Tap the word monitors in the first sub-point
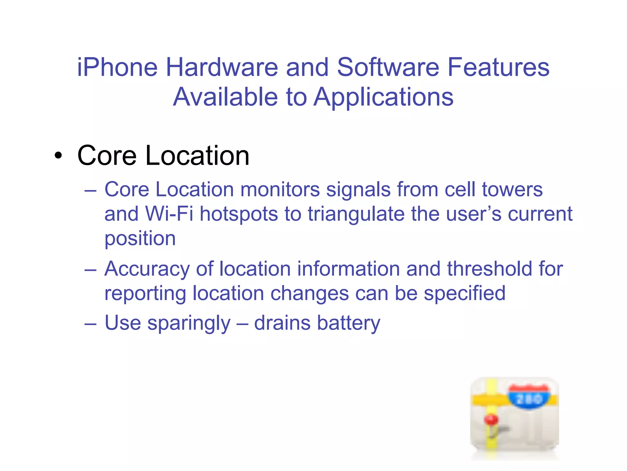click(x=280, y=189)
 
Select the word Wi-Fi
click(x=169, y=214)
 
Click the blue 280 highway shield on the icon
click(x=529, y=398)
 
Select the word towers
click(x=512, y=189)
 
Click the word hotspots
click(x=239, y=214)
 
